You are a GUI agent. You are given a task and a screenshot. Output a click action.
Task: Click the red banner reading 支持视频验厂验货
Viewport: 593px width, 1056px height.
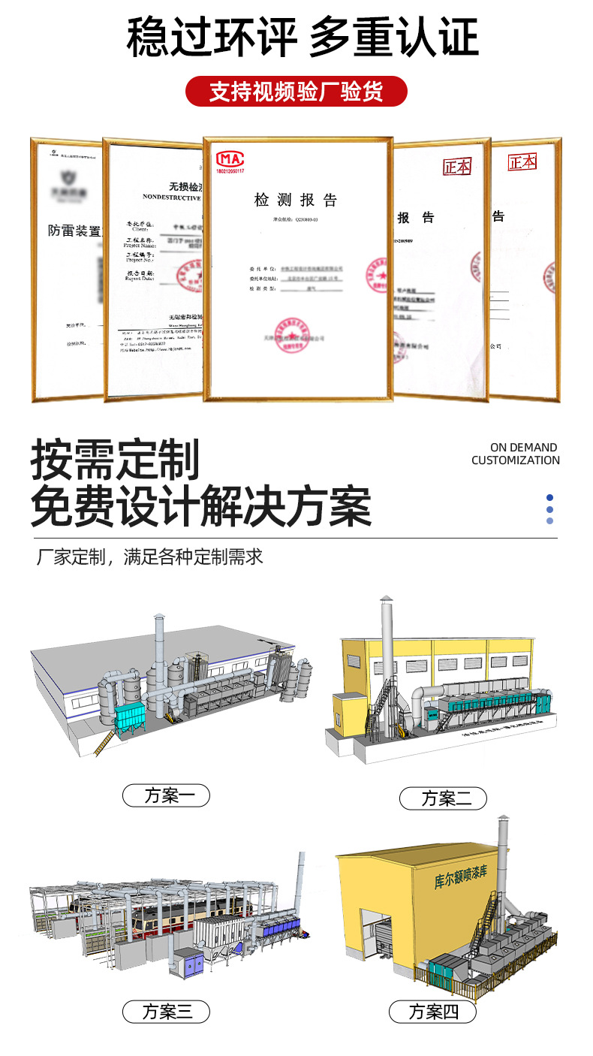pos(296,91)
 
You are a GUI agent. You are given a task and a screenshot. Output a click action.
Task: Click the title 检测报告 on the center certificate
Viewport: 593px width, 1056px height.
pos(296,200)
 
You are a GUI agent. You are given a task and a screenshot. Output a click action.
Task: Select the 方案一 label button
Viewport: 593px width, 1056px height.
pos(166,795)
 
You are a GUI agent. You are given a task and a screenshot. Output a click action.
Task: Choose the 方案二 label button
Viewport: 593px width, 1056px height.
pos(443,798)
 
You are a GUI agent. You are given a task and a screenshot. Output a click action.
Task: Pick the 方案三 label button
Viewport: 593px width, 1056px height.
pos(166,1012)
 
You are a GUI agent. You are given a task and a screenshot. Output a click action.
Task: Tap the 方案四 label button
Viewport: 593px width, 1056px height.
pos(433,1012)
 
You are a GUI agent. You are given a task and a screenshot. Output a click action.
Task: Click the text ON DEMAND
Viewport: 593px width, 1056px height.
pos(523,448)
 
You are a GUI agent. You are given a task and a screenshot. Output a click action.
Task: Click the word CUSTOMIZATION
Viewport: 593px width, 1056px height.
pos(515,460)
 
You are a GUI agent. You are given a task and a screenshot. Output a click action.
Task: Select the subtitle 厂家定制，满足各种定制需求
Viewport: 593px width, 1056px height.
pos(150,557)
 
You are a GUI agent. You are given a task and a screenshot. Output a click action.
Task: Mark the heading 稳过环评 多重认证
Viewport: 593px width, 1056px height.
pos(302,38)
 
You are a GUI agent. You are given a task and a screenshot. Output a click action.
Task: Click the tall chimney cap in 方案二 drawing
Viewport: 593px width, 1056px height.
pos(385,601)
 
